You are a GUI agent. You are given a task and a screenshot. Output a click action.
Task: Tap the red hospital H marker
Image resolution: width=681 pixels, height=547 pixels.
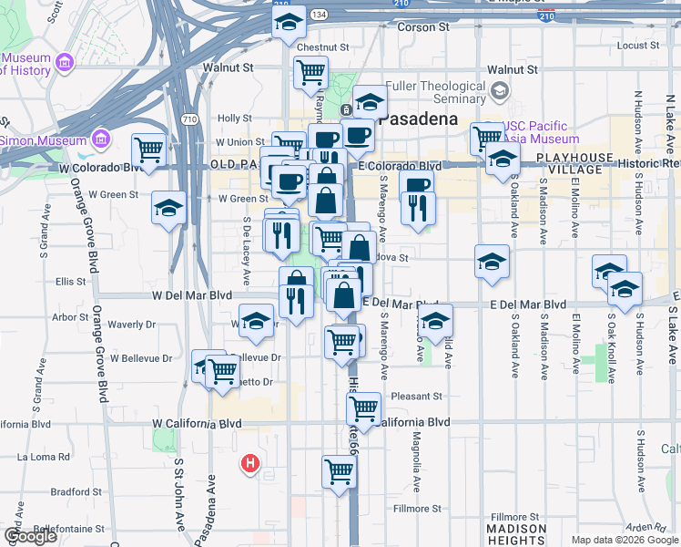point(249,464)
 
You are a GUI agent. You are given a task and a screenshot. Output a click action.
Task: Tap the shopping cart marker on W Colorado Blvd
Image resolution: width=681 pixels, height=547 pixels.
point(148,149)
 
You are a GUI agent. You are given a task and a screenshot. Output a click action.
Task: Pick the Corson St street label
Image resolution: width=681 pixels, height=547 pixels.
point(424,28)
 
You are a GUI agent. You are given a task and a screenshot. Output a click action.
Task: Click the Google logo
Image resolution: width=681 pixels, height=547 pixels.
point(30,536)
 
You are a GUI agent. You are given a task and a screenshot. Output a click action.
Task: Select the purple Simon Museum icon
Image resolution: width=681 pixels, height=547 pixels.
point(99,140)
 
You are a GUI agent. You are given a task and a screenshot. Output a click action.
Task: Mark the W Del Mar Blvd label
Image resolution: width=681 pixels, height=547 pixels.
point(192,296)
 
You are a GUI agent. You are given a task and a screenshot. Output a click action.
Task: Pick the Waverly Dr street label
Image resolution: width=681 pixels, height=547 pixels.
point(131,325)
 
